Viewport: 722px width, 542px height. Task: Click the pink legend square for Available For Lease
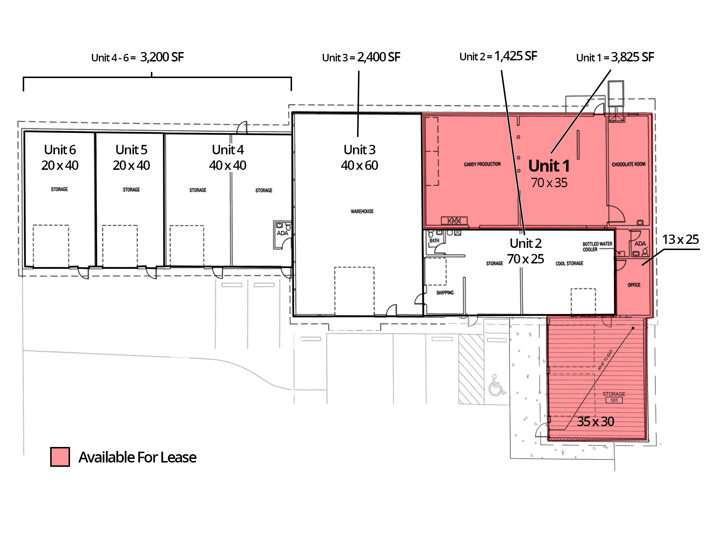[x=60, y=457]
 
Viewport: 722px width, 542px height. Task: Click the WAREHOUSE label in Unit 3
[x=362, y=211]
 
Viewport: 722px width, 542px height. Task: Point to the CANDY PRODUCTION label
[x=482, y=164]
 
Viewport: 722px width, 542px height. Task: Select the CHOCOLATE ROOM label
[x=629, y=164]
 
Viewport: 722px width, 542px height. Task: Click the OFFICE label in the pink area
[x=634, y=285]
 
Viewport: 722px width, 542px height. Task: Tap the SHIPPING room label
[x=445, y=293]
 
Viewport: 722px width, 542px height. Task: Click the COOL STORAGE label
[x=569, y=263]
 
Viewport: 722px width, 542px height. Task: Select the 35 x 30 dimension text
[x=596, y=421]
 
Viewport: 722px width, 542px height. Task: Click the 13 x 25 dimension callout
[x=680, y=239]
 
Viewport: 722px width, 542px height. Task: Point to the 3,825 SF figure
[x=632, y=57]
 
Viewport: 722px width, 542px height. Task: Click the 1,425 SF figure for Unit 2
[x=516, y=56]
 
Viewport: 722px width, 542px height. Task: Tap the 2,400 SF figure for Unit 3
[x=379, y=57]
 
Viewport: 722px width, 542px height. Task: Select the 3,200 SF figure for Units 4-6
[x=162, y=57]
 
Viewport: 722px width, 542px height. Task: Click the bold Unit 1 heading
[x=549, y=166]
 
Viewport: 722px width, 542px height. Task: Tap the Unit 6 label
[x=60, y=150]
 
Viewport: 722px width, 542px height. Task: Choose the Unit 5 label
[x=131, y=150]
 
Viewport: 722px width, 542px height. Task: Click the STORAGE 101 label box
[x=614, y=397]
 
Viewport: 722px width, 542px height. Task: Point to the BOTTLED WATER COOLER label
[x=597, y=246]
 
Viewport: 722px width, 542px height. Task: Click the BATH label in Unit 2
[x=434, y=241]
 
